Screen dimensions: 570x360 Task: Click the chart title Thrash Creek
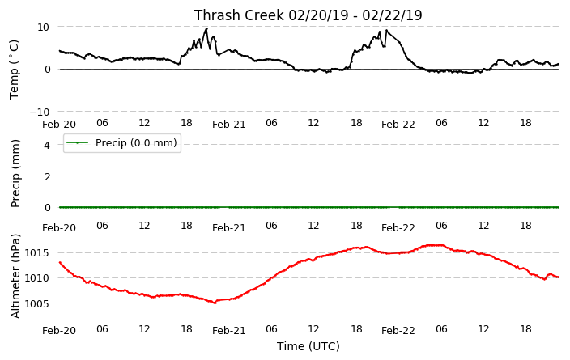(239, 15)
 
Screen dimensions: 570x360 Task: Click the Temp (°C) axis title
(14, 70)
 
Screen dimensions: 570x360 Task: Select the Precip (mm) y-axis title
(15, 174)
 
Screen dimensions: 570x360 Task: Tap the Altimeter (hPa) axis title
(15, 276)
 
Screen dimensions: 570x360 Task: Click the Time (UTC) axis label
(308, 346)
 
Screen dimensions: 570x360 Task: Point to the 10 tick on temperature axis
(43, 28)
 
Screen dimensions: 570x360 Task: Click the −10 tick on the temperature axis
(40, 112)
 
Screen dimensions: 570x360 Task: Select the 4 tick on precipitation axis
(46, 146)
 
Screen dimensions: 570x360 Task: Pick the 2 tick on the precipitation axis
(46, 176)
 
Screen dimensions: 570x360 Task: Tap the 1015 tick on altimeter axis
(36, 253)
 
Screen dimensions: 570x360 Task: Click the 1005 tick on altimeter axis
(36, 303)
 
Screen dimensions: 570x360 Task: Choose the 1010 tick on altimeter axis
(36, 278)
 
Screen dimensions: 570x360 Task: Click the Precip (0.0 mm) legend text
(136, 142)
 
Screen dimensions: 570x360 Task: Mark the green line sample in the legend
(78, 142)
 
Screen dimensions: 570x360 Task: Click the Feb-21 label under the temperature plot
(229, 125)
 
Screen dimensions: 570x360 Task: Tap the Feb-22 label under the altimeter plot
(398, 331)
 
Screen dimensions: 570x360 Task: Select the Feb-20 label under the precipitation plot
(59, 228)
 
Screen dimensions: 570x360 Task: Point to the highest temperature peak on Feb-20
(206, 28)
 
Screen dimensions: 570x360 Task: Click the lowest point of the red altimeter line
(215, 303)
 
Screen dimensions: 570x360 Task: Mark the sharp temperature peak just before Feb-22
(386, 30)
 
